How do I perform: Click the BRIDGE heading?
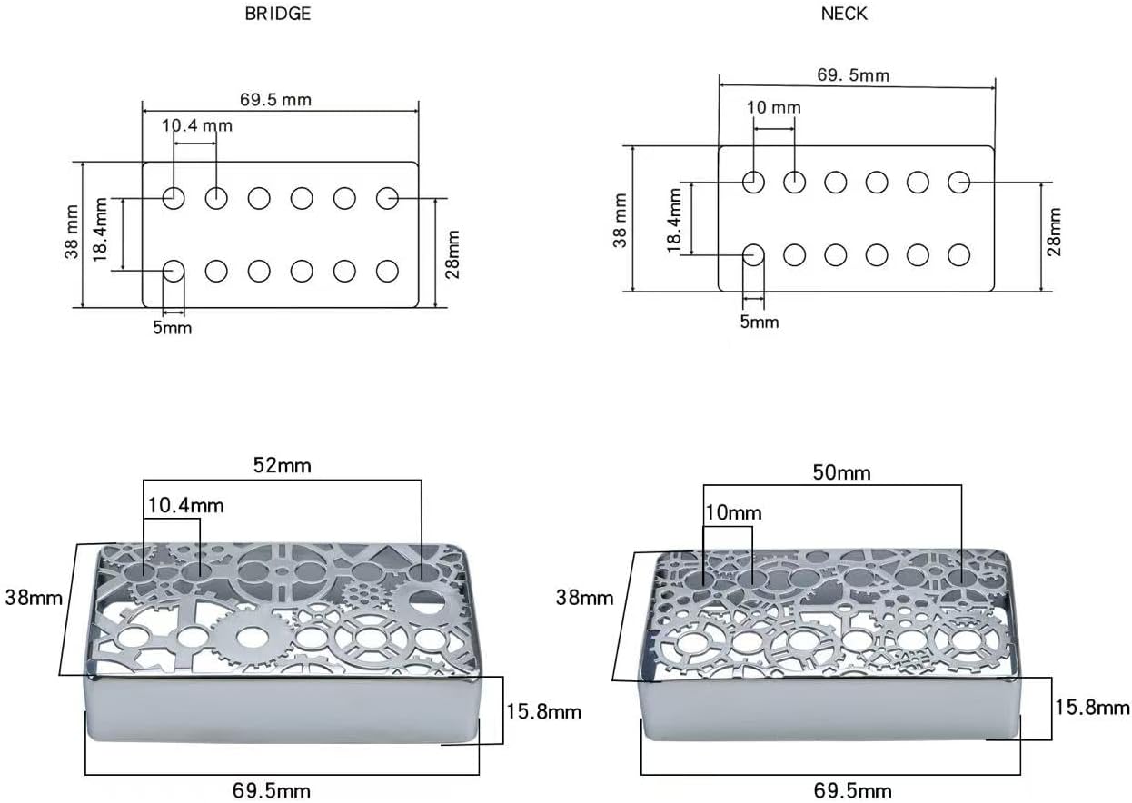coord(277,14)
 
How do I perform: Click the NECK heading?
coord(844,14)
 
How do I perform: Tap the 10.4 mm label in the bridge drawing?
coord(197,125)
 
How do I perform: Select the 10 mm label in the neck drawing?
coord(774,107)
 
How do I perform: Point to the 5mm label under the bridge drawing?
coord(173,328)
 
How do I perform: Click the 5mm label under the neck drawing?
coord(760,322)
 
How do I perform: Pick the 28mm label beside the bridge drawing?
coord(452,254)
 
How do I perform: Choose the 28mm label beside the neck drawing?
coord(1054,232)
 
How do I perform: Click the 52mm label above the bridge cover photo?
coord(282,465)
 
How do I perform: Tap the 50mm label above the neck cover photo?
coord(842,472)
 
